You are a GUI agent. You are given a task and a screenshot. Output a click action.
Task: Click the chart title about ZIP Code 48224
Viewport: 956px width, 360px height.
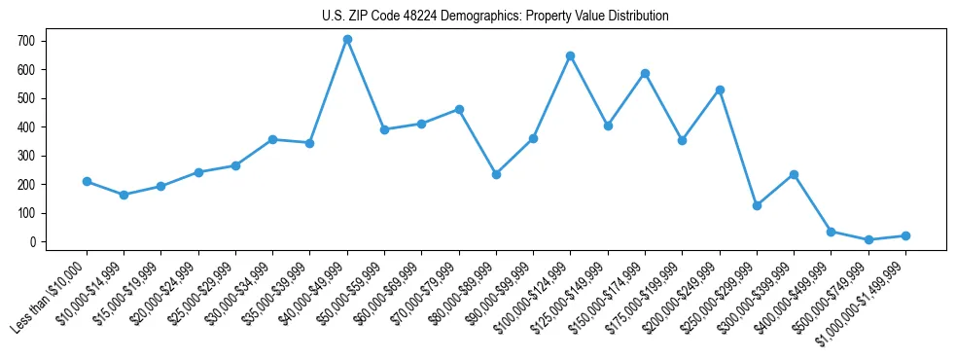(495, 17)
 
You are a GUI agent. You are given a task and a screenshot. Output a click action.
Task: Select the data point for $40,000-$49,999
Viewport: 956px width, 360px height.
(347, 40)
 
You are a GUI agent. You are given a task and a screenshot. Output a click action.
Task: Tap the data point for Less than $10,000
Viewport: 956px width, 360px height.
(87, 182)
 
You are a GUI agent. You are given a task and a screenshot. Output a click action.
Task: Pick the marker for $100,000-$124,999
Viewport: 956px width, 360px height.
(571, 55)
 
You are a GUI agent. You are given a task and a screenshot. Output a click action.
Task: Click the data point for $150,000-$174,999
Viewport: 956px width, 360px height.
(645, 74)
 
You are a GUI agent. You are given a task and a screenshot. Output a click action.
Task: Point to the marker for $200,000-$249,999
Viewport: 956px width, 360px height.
(720, 90)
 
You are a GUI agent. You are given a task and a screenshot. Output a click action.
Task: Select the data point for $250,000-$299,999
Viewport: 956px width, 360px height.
(757, 205)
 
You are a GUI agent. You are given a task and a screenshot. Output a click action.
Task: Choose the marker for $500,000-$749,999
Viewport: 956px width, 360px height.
(868, 239)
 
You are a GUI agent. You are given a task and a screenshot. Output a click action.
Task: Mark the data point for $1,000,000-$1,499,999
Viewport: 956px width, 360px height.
(905, 235)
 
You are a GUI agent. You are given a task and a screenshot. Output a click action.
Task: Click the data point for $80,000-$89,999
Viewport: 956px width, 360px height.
(496, 174)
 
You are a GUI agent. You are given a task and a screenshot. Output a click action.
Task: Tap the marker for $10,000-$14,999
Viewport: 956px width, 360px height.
(124, 195)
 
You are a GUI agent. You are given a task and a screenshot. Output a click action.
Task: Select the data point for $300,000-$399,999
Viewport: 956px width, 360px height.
(794, 175)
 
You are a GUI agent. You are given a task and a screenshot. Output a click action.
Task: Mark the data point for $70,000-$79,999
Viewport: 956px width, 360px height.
(459, 110)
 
